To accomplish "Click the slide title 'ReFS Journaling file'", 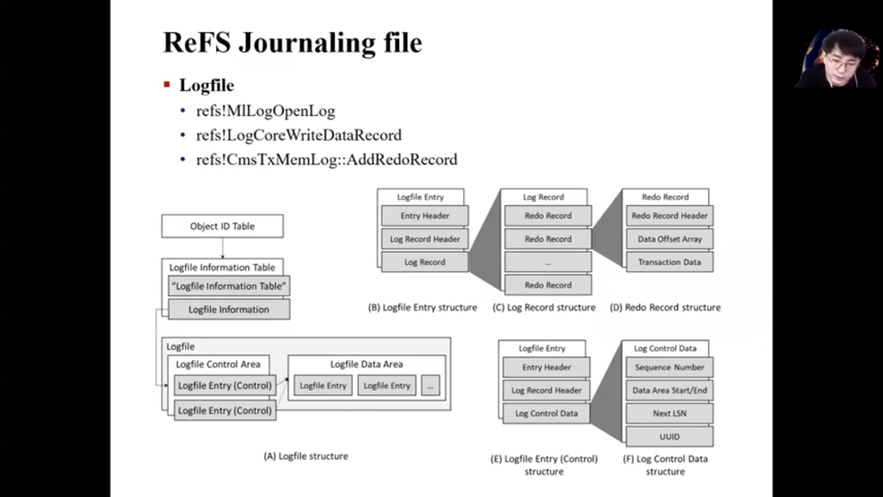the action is (x=292, y=43).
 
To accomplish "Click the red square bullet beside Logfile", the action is (x=167, y=85).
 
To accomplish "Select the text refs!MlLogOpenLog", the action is (x=266, y=111).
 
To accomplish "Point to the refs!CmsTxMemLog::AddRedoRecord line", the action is (x=327, y=159).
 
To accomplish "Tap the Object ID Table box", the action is (x=222, y=226).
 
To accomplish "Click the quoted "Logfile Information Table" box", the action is (x=229, y=286).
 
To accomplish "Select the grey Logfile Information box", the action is (x=229, y=309).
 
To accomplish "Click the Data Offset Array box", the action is (x=670, y=239).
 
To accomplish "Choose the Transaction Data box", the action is (x=670, y=262).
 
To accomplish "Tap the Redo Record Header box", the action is (x=670, y=215).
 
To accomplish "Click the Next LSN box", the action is (x=670, y=414).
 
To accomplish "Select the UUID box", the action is (x=670, y=437).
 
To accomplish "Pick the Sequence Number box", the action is (x=670, y=367).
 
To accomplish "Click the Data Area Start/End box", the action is (x=670, y=390).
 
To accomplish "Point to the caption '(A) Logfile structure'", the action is (x=306, y=456).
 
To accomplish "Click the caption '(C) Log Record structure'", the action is (x=544, y=307).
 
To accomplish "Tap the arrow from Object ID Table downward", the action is (x=223, y=248).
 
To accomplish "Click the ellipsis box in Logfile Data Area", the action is (x=431, y=385).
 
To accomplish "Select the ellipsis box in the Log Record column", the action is (x=548, y=262).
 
